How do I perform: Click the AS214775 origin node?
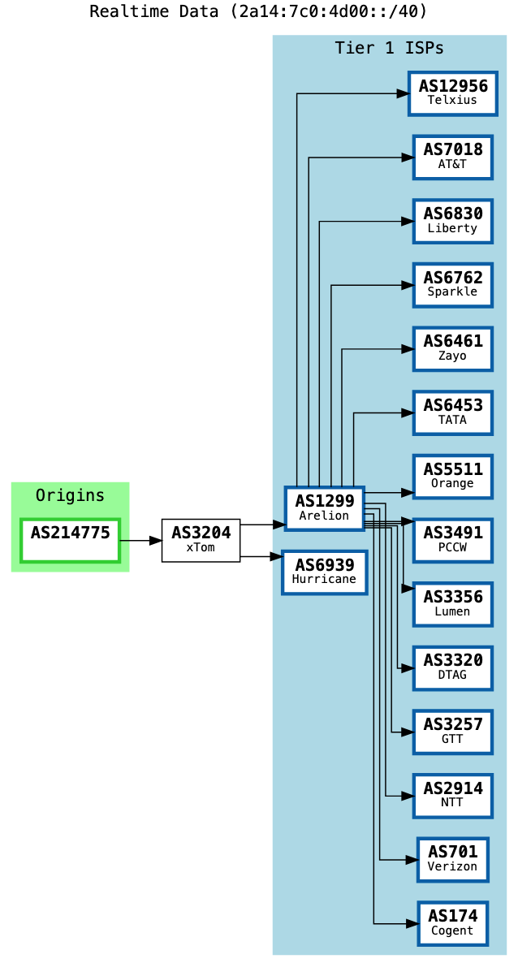71,540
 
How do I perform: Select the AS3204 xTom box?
201,540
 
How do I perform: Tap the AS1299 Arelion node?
324,508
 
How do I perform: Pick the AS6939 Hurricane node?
324,572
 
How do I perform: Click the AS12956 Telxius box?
452,93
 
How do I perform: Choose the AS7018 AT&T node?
452,157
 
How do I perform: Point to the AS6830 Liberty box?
452,221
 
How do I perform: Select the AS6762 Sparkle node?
452,285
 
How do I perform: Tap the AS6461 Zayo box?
452,348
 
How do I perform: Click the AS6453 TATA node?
452,412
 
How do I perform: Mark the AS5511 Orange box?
452,477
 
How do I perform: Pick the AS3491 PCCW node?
452,540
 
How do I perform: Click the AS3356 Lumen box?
452,604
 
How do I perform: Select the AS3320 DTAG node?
452,667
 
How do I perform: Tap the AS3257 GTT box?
452,732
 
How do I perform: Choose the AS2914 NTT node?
452,796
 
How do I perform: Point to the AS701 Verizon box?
452,859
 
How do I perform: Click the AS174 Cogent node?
452,923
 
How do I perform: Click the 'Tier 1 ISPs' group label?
389,48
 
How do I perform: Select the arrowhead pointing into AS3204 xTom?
155,540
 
